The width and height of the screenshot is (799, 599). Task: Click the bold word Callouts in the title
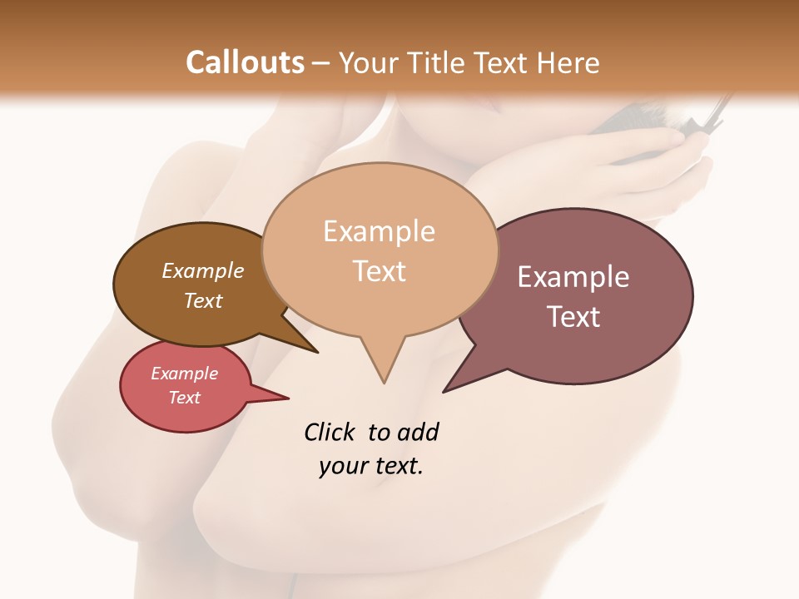point(245,62)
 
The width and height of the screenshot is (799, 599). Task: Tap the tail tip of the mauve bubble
point(444,391)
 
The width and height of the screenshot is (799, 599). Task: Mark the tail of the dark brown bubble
point(316,352)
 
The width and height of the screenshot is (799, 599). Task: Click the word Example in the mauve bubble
point(573,277)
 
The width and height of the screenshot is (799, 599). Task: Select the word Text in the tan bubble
point(380,271)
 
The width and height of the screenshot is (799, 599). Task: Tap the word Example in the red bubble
point(185,374)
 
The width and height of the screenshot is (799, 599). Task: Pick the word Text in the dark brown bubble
point(203,300)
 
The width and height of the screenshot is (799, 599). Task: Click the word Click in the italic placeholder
point(330,432)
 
